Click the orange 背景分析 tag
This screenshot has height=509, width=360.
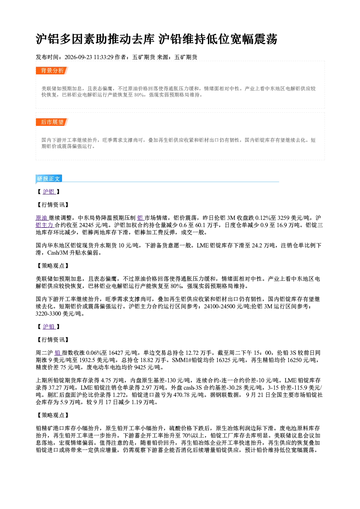[x=52, y=70]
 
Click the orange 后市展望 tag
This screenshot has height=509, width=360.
[x=52, y=122]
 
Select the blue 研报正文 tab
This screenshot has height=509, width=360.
[x=49, y=178]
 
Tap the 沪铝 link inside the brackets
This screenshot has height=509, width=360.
[x=49, y=192]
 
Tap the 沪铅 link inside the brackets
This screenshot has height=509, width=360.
[x=49, y=327]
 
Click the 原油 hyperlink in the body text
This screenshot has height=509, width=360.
[x=42, y=218]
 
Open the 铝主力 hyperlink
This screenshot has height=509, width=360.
[x=45, y=225]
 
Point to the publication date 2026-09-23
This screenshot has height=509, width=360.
[x=78, y=57]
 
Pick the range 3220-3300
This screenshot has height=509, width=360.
[x=48, y=313]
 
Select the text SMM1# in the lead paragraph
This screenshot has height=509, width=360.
[x=182, y=360]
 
